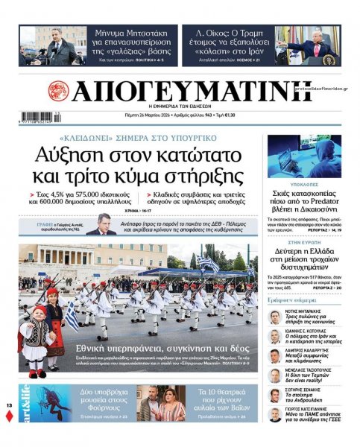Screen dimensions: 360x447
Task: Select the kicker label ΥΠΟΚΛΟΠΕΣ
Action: point(304,182)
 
